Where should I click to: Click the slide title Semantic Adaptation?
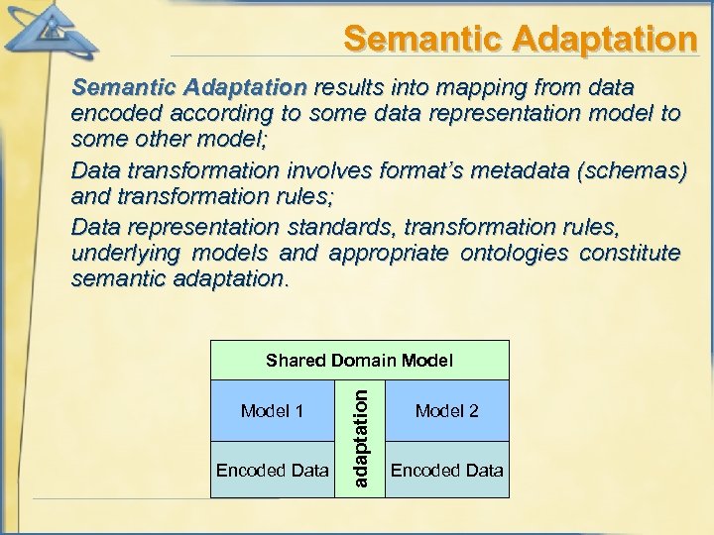(x=520, y=39)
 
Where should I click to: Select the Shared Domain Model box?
(x=359, y=361)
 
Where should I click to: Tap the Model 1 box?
(x=272, y=410)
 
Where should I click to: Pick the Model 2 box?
(x=446, y=410)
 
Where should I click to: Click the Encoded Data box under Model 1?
(x=272, y=470)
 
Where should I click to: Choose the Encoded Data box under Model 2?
(x=446, y=470)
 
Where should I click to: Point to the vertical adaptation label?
(x=363, y=437)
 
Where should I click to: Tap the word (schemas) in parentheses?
(x=639, y=170)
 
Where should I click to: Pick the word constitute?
(x=629, y=253)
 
